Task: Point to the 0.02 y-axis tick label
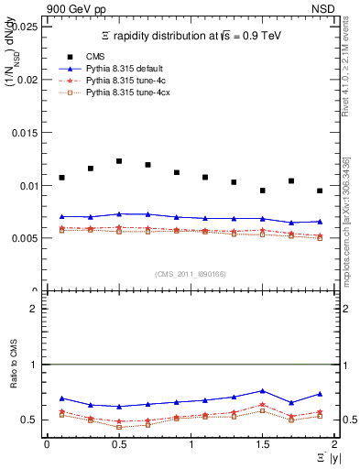pos(27,80)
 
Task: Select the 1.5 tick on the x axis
pos(262,444)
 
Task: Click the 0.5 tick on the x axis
pos(118,444)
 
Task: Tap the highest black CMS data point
pos(119,161)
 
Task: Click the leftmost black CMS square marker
pos(61,178)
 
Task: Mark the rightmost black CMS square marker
pos(320,191)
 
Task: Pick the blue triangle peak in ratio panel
pos(262,390)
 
